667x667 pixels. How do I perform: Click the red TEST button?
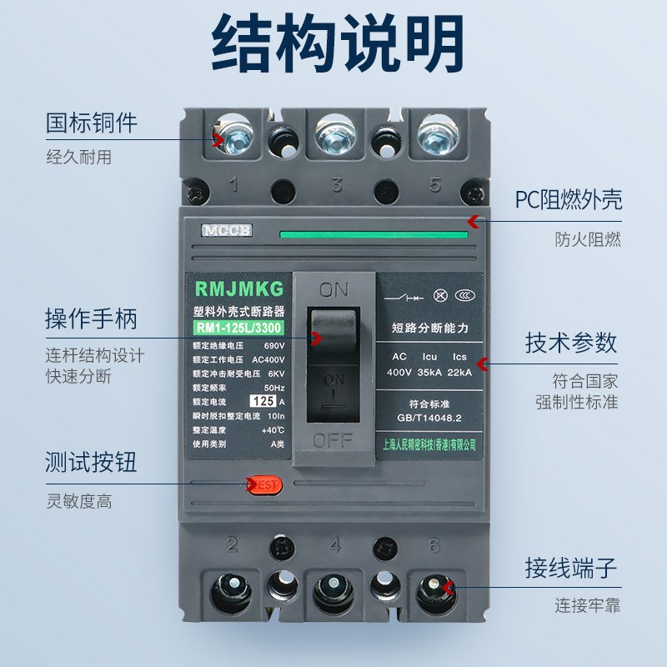pyautogui.click(x=265, y=484)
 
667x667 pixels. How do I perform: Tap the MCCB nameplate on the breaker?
pyautogui.click(x=219, y=230)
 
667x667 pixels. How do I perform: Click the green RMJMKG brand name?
pyautogui.click(x=239, y=289)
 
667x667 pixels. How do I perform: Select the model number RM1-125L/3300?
pyautogui.click(x=239, y=326)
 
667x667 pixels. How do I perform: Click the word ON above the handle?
pyautogui.click(x=333, y=290)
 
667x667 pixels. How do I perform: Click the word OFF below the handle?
pyautogui.click(x=333, y=441)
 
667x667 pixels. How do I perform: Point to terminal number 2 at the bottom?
pyautogui.click(x=233, y=545)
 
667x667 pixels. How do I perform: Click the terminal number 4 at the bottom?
pyautogui.click(x=334, y=545)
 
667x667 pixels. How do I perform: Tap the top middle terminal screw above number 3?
pyautogui.click(x=333, y=133)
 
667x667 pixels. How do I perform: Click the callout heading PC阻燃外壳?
pyautogui.click(x=568, y=199)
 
